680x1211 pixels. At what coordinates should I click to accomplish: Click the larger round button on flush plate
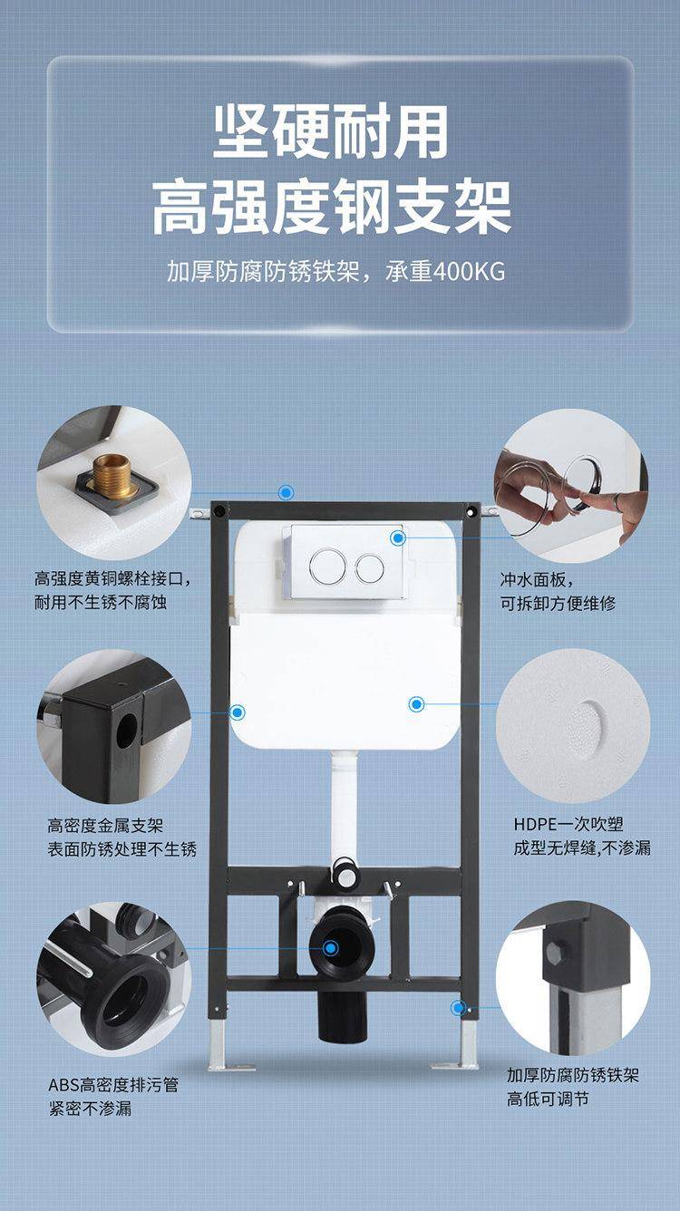(328, 566)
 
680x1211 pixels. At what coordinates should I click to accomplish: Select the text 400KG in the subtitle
(469, 272)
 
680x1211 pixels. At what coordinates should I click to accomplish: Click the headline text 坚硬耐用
(331, 131)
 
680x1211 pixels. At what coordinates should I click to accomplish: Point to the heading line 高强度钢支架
(331, 208)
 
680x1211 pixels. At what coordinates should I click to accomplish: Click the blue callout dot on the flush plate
(398, 538)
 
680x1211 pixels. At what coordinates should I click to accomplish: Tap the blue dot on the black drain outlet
(331, 963)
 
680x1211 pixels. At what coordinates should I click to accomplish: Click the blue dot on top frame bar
(286, 492)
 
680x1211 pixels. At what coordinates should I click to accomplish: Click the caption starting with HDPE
(582, 836)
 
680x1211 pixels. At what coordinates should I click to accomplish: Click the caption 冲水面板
(533, 580)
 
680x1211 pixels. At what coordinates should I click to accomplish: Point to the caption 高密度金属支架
(105, 826)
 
